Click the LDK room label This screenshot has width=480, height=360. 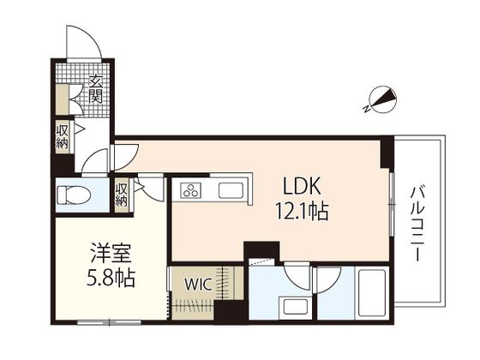point(302,186)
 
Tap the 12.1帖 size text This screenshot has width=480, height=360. point(302,211)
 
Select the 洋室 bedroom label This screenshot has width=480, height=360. point(111,253)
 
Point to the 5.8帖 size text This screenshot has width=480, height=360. point(111,278)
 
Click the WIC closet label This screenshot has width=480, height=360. point(198,285)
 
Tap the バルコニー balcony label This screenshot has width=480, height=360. point(417,224)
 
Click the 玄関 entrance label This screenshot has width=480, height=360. point(95,89)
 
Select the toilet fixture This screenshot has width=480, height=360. point(74,195)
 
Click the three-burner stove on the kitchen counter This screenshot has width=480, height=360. point(190,190)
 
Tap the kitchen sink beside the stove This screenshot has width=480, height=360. point(231,190)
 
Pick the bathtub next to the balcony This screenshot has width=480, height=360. point(371,293)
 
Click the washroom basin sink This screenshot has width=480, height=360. point(296,307)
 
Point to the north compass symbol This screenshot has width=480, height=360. point(383,99)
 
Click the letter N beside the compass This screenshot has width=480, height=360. point(366,108)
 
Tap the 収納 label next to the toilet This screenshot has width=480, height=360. point(121,195)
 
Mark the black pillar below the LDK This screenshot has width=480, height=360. point(261,250)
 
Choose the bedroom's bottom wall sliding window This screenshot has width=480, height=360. point(109,322)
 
